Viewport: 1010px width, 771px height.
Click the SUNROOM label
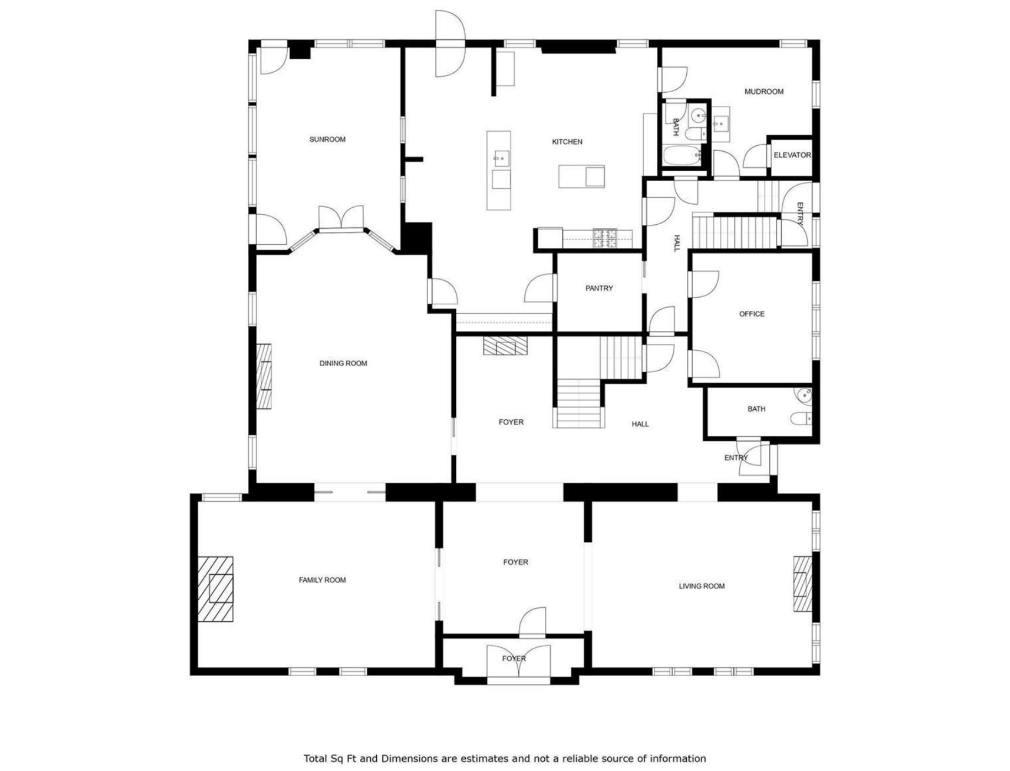[x=327, y=139]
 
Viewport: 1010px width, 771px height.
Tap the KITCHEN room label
[x=567, y=142]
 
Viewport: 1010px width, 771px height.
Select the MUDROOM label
[x=764, y=92]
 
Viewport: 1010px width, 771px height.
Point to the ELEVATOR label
[x=792, y=155]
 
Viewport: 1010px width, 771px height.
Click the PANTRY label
[x=599, y=288]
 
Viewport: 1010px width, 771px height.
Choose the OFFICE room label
[x=751, y=314]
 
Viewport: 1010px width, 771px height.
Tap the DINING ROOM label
[x=343, y=363]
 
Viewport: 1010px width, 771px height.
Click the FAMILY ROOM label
[x=322, y=580]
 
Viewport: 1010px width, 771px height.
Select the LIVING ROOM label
[x=702, y=586]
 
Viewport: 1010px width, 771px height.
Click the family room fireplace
[x=215, y=589]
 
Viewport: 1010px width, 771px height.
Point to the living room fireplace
[x=803, y=583]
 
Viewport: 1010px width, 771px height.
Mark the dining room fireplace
[x=264, y=376]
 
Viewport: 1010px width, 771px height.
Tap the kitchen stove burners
[x=605, y=238]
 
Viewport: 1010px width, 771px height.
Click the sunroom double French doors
[x=341, y=218]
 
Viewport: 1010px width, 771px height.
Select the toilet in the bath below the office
[x=801, y=419]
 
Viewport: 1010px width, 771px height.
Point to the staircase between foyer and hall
[x=578, y=403]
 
